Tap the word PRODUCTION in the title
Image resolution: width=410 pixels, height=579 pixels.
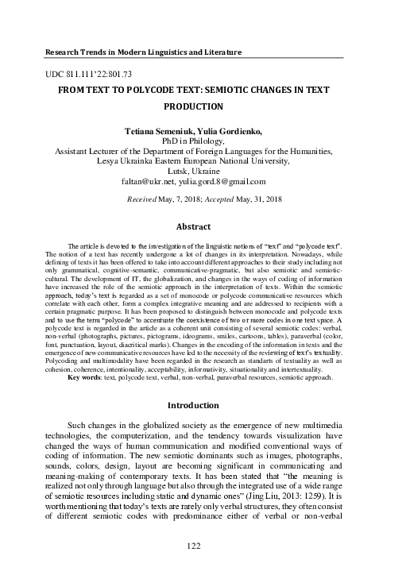click(x=204, y=106)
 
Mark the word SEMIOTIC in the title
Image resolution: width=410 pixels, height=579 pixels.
click(x=238, y=90)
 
